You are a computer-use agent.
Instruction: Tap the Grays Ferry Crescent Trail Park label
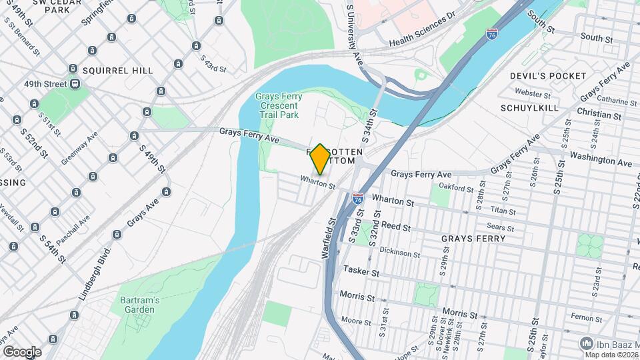pos(278,106)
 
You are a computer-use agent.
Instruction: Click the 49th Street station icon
pos(75,84)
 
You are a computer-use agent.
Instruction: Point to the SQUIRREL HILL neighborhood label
pos(118,71)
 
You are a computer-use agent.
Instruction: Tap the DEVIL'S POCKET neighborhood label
pos(548,76)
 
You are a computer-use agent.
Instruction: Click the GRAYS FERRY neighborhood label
pos(473,238)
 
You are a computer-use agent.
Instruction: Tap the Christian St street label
pos(599,115)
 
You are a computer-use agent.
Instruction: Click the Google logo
pos(22,351)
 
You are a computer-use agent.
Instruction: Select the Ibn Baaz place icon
pos(587,343)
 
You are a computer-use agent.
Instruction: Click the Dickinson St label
pos(399,253)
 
